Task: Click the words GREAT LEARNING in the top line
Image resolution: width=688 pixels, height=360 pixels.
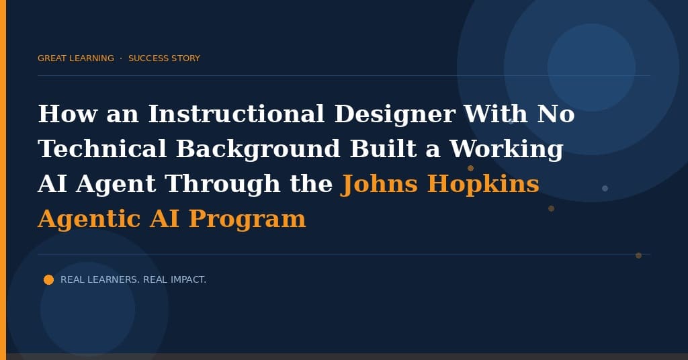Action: tap(76, 58)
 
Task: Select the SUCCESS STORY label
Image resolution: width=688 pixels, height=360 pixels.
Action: tap(164, 58)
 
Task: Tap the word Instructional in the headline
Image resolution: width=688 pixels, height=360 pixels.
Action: tap(236, 114)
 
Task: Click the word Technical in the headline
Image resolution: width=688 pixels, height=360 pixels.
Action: tap(102, 148)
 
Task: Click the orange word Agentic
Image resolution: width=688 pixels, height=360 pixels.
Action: tap(89, 220)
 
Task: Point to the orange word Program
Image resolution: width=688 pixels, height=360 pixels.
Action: tap(247, 220)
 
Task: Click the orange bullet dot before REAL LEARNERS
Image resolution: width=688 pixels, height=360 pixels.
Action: tap(48, 280)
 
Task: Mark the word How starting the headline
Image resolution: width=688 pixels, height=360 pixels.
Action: tap(68, 114)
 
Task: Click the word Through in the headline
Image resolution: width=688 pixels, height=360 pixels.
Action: tap(222, 184)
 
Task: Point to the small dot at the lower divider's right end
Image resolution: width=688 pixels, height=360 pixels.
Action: tap(639, 256)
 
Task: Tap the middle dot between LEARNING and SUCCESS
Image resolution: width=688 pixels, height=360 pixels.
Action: tap(121, 58)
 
